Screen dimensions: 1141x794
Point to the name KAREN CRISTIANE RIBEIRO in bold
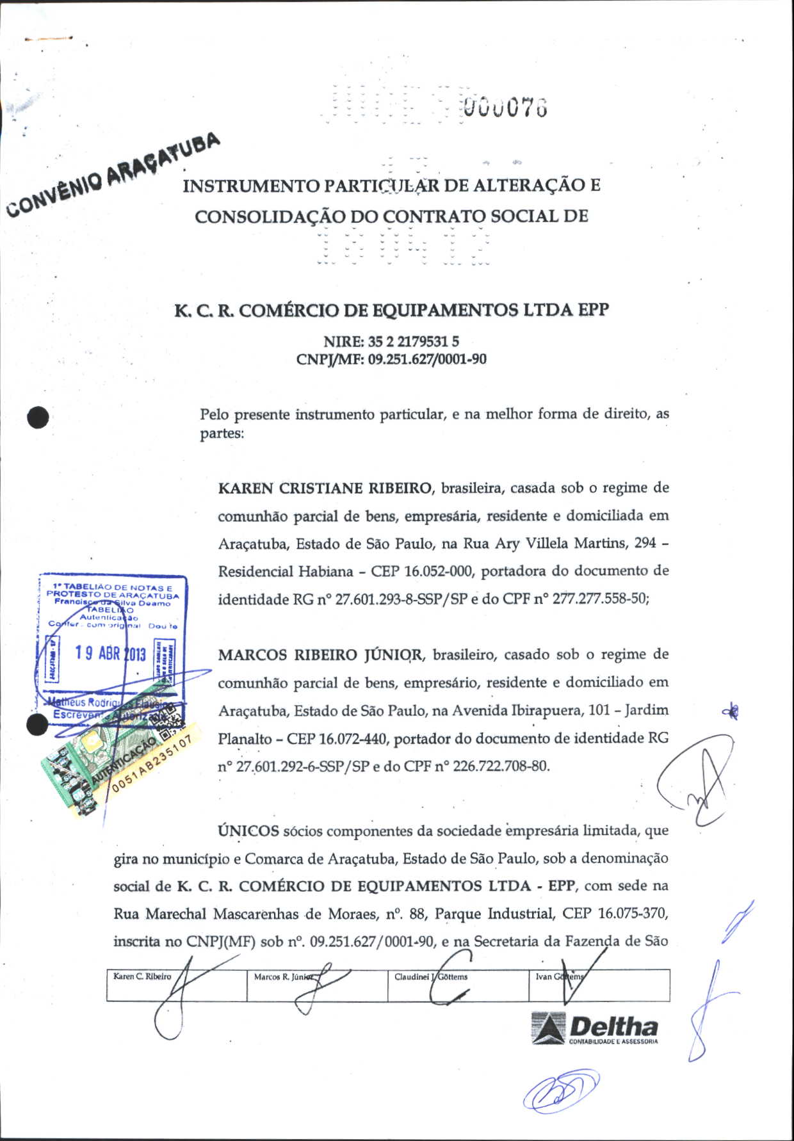(325, 489)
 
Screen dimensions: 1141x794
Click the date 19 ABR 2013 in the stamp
(110, 653)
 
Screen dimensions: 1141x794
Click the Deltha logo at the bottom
(595, 1029)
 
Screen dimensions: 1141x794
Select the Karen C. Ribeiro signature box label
(142, 976)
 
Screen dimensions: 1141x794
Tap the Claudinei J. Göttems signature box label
(431, 977)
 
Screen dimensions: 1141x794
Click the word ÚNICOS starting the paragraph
(248, 831)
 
